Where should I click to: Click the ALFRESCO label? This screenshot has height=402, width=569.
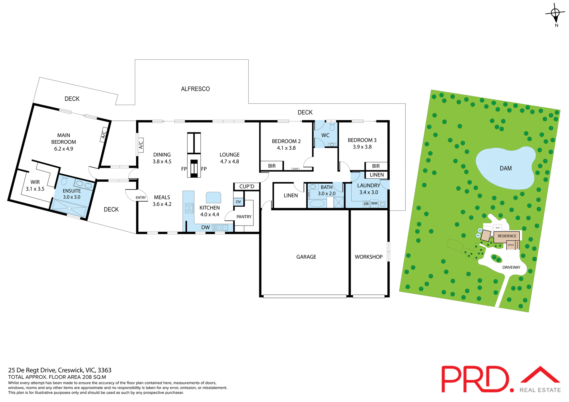[x=195, y=89]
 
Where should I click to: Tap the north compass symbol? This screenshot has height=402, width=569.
[x=555, y=13]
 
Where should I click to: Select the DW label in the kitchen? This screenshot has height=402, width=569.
[x=205, y=227]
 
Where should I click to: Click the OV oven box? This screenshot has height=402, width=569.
[x=238, y=202]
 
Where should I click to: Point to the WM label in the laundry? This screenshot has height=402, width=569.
[x=374, y=203]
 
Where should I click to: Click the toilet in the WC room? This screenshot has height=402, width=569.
[x=332, y=127]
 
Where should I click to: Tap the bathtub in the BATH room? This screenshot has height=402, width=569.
[x=317, y=203]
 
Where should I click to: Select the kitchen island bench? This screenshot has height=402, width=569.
[x=213, y=197]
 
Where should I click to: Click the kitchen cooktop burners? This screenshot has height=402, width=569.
[x=189, y=208]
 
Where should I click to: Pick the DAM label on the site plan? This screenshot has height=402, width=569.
[x=506, y=168]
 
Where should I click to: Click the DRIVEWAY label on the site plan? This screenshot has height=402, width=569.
[x=511, y=267]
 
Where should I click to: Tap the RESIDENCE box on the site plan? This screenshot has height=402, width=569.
[x=507, y=236]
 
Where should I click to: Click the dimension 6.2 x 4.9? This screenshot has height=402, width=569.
[x=63, y=149]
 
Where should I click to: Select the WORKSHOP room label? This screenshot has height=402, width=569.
[x=368, y=257]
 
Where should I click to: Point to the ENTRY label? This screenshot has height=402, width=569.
[x=141, y=198]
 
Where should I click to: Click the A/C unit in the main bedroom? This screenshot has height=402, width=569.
[x=104, y=135]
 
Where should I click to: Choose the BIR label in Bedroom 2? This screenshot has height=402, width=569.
[x=272, y=166]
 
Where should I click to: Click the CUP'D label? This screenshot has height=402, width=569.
[x=247, y=186]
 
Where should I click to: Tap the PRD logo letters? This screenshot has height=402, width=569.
[x=474, y=379]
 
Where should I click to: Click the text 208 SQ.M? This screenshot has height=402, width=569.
[x=94, y=377]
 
